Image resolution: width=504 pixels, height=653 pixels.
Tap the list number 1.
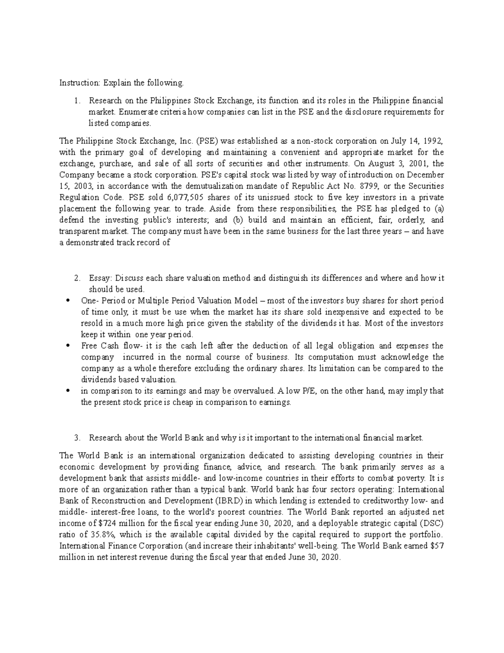pos(76,100)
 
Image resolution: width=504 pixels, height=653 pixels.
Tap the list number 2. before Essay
pos(76,278)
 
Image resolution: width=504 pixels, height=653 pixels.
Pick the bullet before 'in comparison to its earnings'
pos(68,391)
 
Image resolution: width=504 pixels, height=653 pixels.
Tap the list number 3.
pos(76,438)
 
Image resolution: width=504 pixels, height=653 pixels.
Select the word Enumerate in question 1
pos(136,112)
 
